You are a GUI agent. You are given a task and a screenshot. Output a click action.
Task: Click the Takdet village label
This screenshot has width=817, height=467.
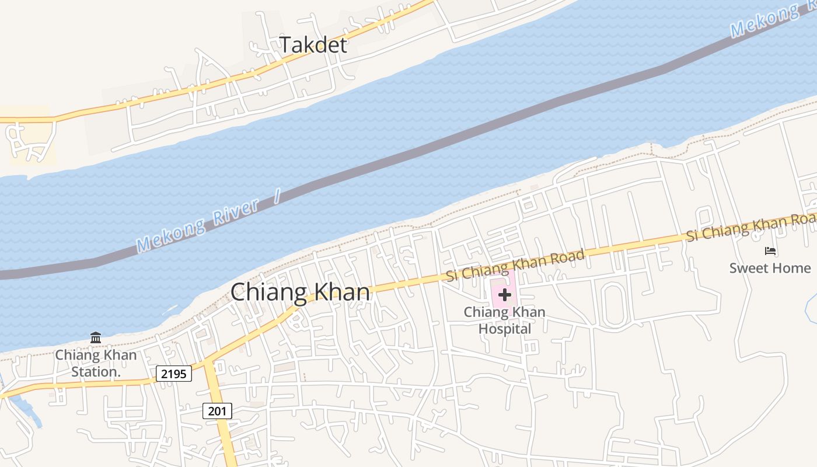[x=313, y=45]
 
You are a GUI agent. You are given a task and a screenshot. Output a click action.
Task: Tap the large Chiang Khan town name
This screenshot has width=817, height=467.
[x=300, y=292]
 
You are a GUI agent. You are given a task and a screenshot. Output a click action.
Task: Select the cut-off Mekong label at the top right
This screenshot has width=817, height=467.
[x=764, y=20]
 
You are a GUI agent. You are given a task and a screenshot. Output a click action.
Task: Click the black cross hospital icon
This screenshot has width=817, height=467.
[x=505, y=295]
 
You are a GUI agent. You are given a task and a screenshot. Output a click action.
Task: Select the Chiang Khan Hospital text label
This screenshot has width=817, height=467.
[x=505, y=320]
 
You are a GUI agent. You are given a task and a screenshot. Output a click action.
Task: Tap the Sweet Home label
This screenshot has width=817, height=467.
[x=770, y=268]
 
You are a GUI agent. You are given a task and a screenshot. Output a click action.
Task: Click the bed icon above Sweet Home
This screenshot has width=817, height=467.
[x=770, y=251]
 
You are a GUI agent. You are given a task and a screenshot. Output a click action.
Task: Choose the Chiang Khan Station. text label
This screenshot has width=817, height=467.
[x=96, y=363]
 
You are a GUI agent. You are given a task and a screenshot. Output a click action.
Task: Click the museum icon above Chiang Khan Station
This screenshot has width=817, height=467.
[x=96, y=337]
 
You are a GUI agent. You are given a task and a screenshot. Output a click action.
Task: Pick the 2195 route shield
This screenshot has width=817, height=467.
[x=174, y=374]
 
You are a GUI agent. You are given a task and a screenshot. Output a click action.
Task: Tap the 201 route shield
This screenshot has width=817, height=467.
[x=217, y=411]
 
